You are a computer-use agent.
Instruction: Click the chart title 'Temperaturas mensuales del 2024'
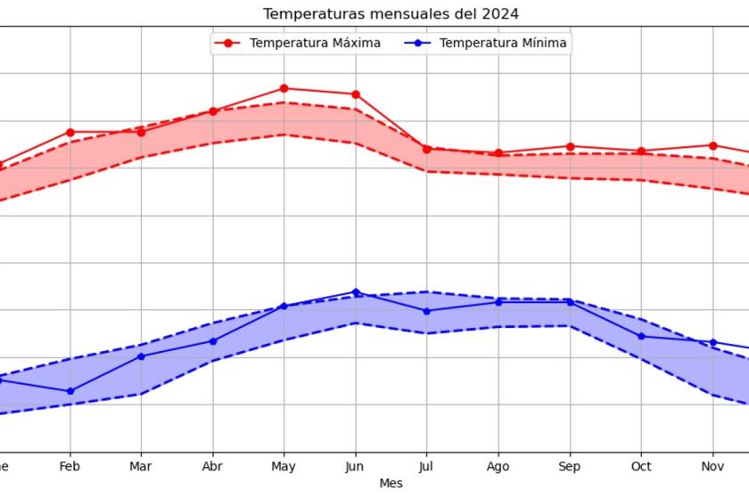391,13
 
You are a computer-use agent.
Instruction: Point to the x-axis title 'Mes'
391,483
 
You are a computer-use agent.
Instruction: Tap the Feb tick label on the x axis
70,466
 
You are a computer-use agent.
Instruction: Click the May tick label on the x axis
284,466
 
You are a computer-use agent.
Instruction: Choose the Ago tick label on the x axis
498,466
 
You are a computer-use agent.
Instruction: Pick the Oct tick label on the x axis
641,466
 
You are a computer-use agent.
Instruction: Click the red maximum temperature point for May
284,88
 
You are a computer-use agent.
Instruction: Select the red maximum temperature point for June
356,94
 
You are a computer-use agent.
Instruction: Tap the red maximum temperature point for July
427,149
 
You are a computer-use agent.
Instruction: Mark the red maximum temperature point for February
70,132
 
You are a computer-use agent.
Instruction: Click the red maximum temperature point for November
712,145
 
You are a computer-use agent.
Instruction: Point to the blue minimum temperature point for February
70,391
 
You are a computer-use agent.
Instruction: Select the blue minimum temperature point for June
356,292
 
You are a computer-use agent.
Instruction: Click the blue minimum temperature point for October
641,336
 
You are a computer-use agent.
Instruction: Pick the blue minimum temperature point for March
141,356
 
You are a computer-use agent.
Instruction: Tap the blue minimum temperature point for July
427,311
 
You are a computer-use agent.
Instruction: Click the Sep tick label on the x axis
570,466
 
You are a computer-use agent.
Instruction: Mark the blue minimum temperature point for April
213,341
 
